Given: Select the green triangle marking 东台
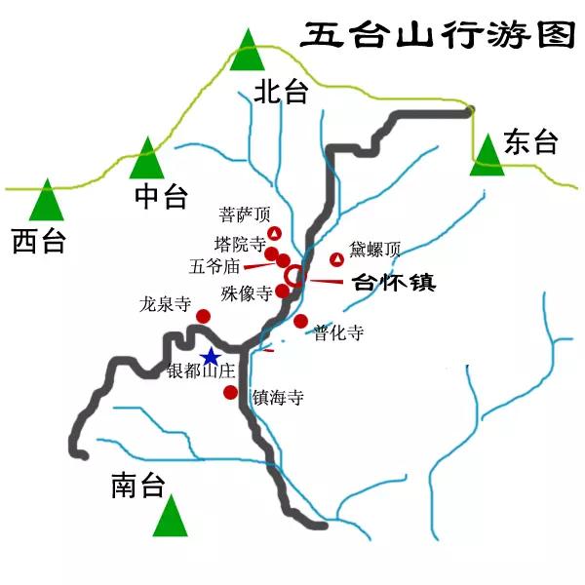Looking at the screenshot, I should pyautogui.click(x=487, y=156).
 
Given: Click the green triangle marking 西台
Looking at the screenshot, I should pyautogui.click(x=46, y=201).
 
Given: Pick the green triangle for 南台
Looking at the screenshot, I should pyautogui.click(x=172, y=517).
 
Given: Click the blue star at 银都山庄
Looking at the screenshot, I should pyautogui.click(x=210, y=357).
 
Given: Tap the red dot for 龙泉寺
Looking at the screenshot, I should pyautogui.click(x=203, y=316).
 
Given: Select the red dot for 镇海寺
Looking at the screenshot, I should pyautogui.click(x=230, y=393).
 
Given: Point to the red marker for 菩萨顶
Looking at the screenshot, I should pyautogui.click(x=275, y=233).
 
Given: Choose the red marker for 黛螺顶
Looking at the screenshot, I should pyautogui.click(x=336, y=258).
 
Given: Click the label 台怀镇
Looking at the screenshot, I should pyautogui.click(x=393, y=284).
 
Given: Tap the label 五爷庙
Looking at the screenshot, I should pyautogui.click(x=215, y=265).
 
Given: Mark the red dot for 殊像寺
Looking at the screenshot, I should pyautogui.click(x=282, y=291).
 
